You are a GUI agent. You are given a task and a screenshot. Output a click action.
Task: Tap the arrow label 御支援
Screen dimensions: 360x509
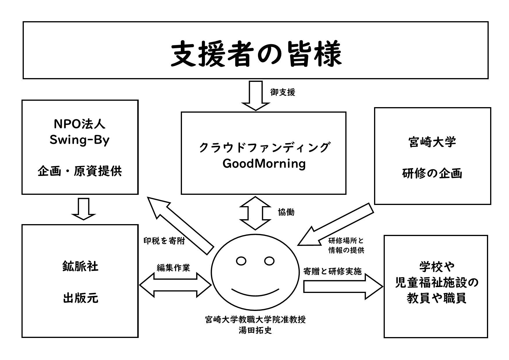(282, 93)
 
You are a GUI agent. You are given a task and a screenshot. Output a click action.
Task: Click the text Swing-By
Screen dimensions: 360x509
(80, 140)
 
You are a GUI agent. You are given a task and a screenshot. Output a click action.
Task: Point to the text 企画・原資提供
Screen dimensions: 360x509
(80, 172)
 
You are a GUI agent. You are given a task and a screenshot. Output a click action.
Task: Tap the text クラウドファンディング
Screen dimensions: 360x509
(264, 147)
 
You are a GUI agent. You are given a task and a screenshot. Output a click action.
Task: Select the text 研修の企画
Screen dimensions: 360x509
(432, 173)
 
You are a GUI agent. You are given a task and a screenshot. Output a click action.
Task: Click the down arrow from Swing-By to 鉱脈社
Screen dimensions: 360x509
(84, 209)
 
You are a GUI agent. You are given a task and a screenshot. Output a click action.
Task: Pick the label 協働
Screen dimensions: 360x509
(286, 212)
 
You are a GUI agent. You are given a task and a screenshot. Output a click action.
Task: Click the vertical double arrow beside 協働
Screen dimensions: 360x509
(255, 213)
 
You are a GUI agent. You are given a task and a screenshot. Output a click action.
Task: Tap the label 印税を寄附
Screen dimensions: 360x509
(164, 241)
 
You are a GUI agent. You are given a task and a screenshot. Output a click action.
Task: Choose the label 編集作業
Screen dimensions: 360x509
(174, 268)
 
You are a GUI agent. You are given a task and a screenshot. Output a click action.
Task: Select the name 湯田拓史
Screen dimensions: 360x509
(255, 330)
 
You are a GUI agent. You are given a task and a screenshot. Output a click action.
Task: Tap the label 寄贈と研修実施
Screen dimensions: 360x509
(332, 271)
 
